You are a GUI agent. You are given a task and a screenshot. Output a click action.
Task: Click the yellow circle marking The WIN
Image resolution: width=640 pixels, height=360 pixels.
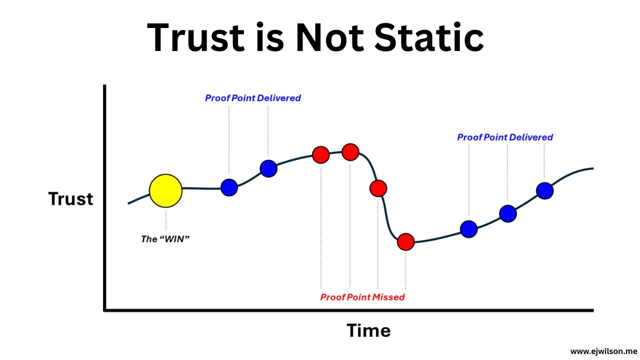pos(165,190)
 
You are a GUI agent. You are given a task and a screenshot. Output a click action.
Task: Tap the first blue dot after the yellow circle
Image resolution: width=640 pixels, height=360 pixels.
pos(229,187)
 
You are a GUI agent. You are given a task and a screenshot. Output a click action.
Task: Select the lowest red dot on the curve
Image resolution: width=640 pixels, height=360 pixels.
pos(406,242)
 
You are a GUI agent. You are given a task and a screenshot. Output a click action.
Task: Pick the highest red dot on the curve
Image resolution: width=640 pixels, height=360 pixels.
pos(350,151)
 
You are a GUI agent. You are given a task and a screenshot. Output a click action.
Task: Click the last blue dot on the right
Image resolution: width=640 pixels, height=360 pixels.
pos(545,190)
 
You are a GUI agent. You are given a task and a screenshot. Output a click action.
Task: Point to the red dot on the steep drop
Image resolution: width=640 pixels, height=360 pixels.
pos(378,188)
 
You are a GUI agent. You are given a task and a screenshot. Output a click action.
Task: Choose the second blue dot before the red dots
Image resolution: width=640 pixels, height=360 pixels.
pos(268,168)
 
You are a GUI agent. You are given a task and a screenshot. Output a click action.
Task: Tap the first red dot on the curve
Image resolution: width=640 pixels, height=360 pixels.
pos(321,154)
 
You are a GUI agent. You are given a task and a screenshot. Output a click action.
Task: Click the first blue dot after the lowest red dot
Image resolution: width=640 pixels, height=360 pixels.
pos(468,229)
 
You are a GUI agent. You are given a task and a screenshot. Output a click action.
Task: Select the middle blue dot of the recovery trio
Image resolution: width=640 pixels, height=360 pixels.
pos(508,214)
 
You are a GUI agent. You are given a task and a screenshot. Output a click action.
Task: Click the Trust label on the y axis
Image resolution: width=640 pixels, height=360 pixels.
pos(70,199)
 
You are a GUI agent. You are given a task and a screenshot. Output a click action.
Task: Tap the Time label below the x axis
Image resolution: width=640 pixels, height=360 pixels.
pos(368,330)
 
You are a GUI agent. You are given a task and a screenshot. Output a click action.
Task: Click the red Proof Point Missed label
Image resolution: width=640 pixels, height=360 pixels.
pos(362,297)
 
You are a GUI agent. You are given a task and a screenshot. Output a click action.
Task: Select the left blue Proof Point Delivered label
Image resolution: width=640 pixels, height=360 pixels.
pos(252,98)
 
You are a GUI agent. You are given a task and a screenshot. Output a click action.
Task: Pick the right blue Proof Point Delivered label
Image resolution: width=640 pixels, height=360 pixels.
pos(505,137)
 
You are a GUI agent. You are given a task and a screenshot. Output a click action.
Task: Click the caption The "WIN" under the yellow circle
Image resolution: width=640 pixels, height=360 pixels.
pos(165,239)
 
